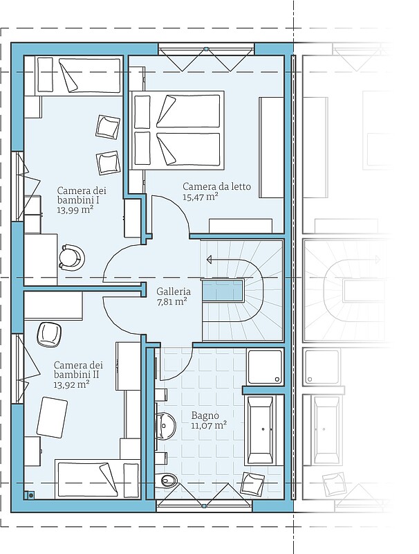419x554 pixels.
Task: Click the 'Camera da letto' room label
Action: (x=216, y=186)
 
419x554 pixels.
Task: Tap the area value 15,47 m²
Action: (x=200, y=197)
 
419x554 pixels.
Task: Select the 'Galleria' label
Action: (x=174, y=292)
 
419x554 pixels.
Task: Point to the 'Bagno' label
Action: (x=205, y=415)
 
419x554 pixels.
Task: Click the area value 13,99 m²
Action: (x=75, y=211)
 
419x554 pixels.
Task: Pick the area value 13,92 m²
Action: (x=71, y=384)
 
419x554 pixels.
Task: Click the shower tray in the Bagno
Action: (x=266, y=367)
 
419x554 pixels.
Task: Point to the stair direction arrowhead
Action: (x=209, y=260)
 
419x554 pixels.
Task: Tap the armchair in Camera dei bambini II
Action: (x=50, y=334)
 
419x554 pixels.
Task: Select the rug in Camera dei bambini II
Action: (x=52, y=418)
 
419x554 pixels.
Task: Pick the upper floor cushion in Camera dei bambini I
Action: (x=107, y=127)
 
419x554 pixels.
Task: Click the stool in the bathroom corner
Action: (x=252, y=484)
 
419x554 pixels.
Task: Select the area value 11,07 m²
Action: (x=209, y=425)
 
